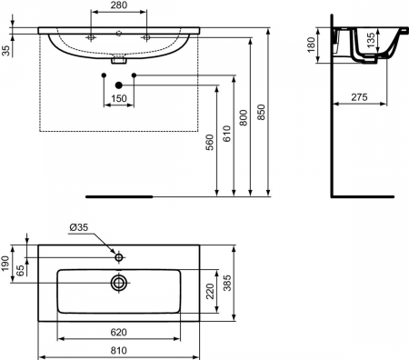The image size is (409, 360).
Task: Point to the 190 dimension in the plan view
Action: click(x=7, y=264)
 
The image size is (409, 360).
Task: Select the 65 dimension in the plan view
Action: click(x=20, y=270)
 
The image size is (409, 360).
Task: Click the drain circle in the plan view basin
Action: click(x=119, y=283)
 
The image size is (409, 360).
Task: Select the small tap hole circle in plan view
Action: click(x=119, y=257)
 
